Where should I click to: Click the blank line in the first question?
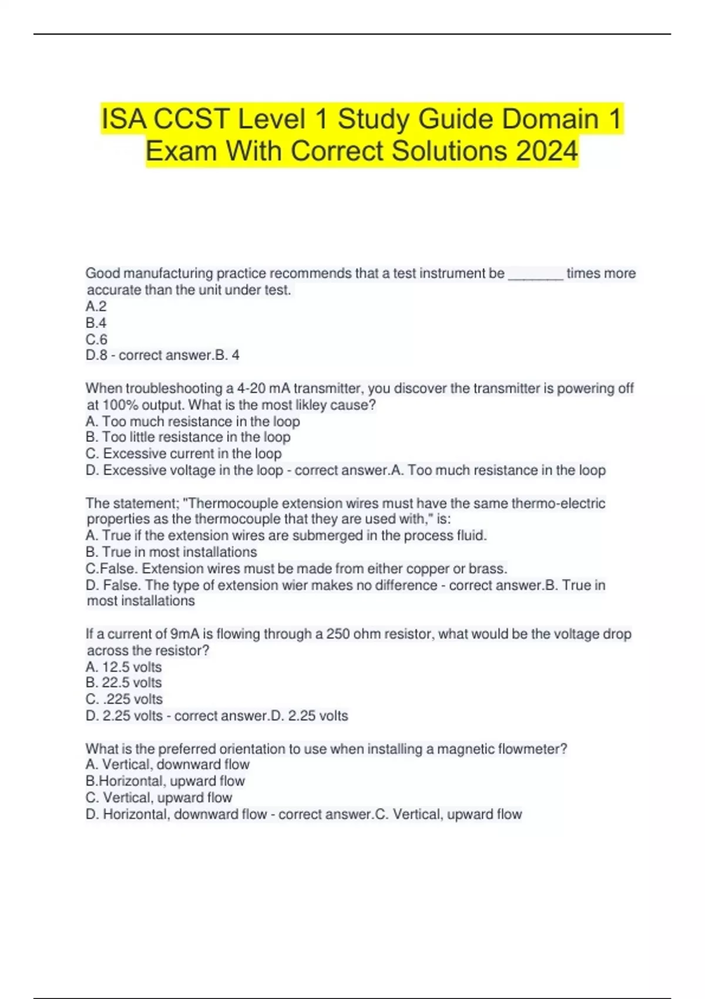tap(535, 274)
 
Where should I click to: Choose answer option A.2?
tap(96, 306)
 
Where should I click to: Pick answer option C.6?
tap(96, 340)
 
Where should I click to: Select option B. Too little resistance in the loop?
tap(188, 437)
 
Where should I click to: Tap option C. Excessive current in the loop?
tap(183, 454)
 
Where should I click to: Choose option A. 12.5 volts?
tap(123, 667)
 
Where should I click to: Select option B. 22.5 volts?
tap(123, 683)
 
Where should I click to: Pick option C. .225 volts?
tap(124, 699)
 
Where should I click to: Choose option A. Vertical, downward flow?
tap(167, 765)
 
